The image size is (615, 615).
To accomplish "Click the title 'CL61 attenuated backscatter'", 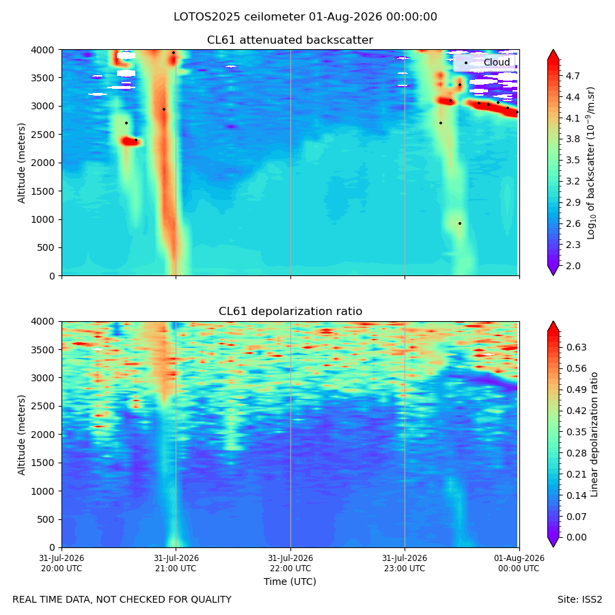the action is click(x=290, y=40).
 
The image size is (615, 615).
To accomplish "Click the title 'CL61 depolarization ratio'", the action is click(x=290, y=312).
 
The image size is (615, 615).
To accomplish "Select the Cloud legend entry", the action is click(x=484, y=62).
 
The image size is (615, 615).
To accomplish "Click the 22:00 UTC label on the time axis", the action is click(x=290, y=563).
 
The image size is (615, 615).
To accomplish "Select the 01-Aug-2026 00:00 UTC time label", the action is click(x=519, y=563).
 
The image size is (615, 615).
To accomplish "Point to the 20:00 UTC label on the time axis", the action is click(x=61, y=563).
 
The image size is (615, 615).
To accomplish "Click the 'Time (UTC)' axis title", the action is click(x=290, y=582).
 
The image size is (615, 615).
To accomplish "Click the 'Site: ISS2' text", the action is click(x=579, y=600).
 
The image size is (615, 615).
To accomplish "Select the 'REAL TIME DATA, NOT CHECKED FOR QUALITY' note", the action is click(x=122, y=600).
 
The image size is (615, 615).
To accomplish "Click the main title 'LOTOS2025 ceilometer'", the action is click(x=239, y=17).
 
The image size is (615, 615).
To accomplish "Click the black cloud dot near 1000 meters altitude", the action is click(x=460, y=223).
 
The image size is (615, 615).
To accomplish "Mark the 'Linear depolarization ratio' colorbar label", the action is click(x=594, y=435).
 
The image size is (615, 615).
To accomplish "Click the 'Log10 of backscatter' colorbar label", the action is click(x=591, y=163).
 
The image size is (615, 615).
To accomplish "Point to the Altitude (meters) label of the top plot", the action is click(x=21, y=163).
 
